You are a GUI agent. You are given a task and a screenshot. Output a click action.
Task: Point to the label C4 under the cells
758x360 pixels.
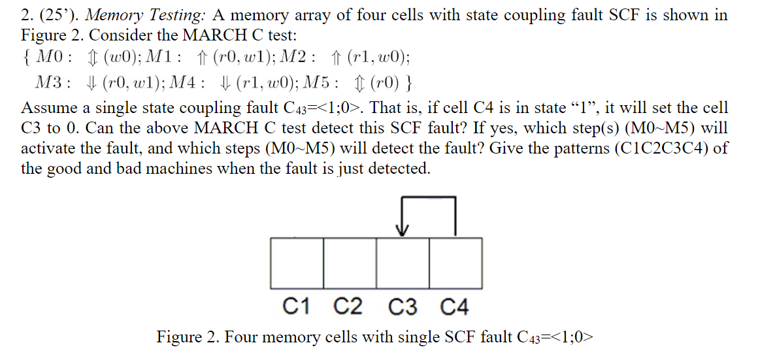click(455, 306)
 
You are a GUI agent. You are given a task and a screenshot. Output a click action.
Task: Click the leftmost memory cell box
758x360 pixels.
click(297, 263)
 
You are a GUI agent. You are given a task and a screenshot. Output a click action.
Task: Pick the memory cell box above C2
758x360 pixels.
click(350, 263)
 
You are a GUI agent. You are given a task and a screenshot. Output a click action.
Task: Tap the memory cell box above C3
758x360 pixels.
click(403, 263)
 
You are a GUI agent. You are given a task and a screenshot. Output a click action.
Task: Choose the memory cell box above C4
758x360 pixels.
click(456, 263)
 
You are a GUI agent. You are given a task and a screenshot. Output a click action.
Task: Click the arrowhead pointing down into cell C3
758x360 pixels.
click(403, 230)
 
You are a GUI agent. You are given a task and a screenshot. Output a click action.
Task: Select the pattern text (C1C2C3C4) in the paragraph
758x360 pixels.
click(663, 148)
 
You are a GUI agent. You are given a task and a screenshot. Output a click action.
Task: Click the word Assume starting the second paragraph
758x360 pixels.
click(46, 107)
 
